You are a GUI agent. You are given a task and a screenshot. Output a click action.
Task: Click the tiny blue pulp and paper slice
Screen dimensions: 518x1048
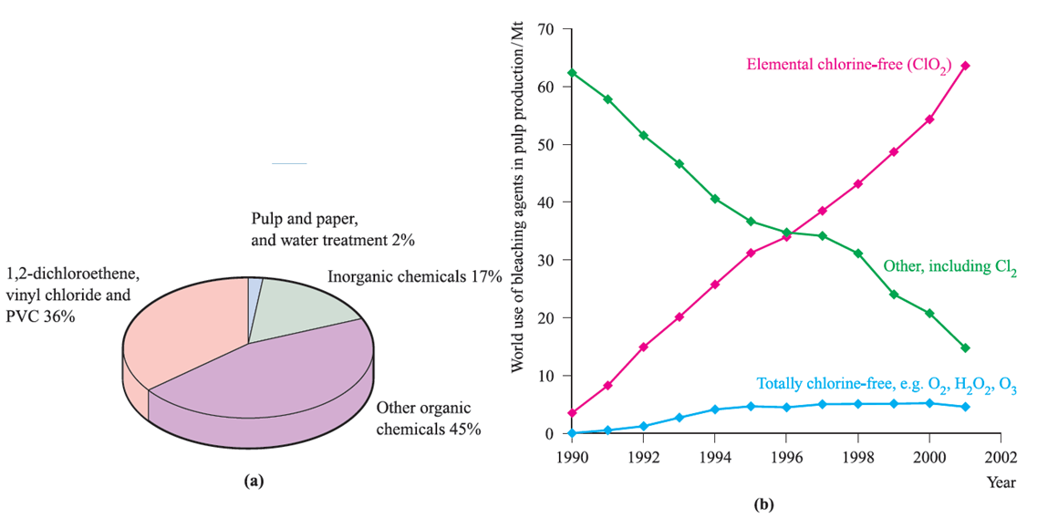pos(255,287)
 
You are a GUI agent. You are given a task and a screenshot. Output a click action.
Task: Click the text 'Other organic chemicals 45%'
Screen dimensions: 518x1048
pos(429,419)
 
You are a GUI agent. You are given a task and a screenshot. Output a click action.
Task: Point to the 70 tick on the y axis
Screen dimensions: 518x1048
pos(546,29)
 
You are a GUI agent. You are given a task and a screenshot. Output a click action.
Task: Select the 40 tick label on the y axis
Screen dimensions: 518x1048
pos(546,202)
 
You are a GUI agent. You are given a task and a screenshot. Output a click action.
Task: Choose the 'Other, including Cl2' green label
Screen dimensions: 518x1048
pos(949,268)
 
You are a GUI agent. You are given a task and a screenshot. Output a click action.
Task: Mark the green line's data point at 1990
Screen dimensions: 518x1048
pos(571,73)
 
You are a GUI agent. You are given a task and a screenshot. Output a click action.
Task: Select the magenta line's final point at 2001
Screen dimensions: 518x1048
pos(965,66)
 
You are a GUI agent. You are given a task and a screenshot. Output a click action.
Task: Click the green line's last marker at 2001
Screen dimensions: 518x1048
pos(965,347)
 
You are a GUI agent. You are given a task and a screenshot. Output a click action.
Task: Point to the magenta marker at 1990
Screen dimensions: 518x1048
pos(571,413)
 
